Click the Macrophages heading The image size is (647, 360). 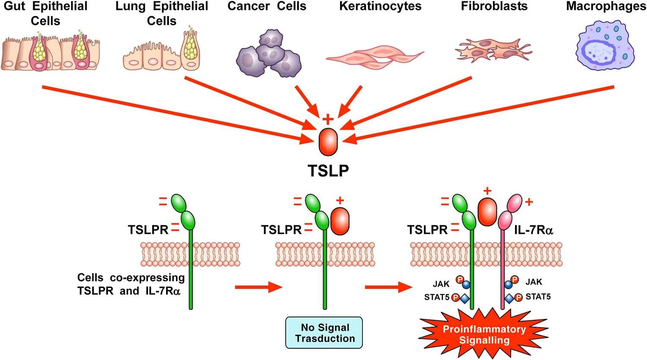(x=606, y=6)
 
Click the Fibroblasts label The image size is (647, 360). (x=494, y=6)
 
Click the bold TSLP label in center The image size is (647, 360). (x=328, y=171)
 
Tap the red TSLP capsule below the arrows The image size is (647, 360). (x=328, y=142)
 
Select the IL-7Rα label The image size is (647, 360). (x=534, y=230)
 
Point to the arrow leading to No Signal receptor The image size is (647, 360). (x=258, y=287)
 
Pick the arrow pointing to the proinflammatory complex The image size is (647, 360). (x=387, y=287)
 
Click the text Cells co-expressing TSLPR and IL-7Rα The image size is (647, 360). (x=131, y=284)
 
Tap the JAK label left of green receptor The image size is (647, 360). (x=441, y=284)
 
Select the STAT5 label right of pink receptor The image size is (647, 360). (x=538, y=297)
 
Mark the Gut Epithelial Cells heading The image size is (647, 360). (x=45, y=13)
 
